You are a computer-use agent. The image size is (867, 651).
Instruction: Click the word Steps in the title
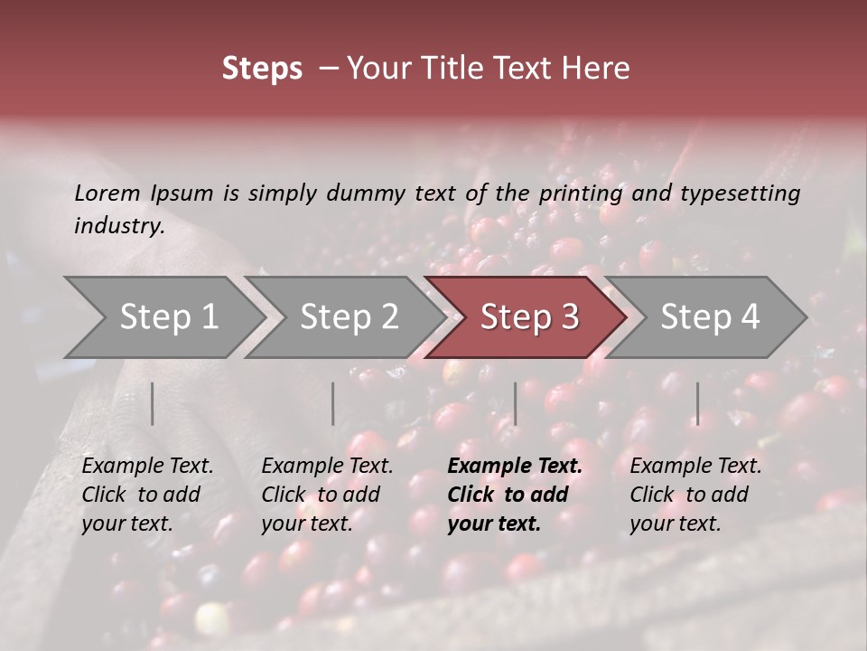click(262, 69)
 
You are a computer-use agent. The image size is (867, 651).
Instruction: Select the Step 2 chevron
click(349, 317)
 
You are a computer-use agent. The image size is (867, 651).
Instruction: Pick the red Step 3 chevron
click(528, 317)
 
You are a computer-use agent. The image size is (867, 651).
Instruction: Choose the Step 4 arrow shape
click(710, 317)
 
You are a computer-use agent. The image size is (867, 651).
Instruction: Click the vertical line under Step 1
click(152, 403)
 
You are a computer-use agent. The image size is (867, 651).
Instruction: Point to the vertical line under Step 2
click(333, 403)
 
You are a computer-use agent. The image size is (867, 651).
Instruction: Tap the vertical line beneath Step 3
click(515, 403)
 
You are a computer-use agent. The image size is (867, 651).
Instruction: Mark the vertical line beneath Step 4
click(697, 403)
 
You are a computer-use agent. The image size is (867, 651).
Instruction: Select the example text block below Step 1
click(147, 495)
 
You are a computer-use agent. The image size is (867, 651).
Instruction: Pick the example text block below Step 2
click(327, 495)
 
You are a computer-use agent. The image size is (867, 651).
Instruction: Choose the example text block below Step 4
click(695, 495)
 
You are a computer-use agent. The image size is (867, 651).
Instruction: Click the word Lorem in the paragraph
click(107, 193)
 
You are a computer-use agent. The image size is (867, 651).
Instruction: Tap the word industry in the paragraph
click(118, 226)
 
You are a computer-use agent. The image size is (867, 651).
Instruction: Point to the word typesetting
click(740, 193)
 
